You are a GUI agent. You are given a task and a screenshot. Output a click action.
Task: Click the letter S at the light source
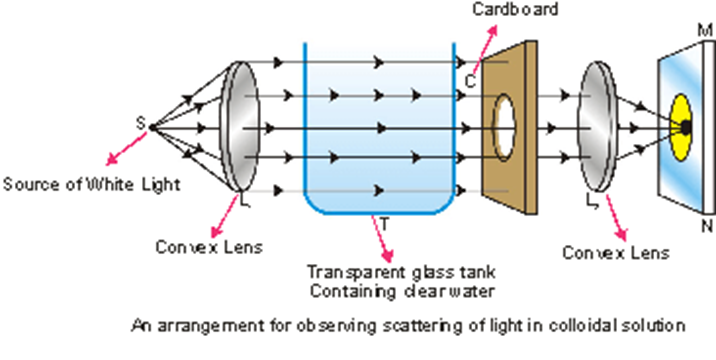point(141,122)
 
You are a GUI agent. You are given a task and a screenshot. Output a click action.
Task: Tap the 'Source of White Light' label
point(92,184)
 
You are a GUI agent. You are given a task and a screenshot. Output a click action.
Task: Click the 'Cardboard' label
point(516,9)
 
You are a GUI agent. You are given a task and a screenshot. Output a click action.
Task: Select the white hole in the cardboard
point(505,125)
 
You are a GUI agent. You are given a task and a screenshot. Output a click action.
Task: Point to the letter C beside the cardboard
point(471,81)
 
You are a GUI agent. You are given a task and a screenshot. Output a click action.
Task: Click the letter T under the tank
point(384,224)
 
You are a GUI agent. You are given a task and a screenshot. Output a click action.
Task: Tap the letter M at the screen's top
point(705,31)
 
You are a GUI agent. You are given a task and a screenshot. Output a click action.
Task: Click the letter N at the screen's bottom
point(707,225)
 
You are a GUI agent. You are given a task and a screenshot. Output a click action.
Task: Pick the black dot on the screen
point(685,127)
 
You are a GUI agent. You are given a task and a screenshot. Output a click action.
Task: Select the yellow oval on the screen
point(680,127)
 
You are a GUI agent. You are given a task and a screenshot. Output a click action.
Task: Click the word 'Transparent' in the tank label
point(354,272)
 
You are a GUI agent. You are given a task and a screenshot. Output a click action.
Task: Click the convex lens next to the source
point(240,126)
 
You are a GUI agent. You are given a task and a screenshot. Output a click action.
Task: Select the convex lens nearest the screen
point(598,126)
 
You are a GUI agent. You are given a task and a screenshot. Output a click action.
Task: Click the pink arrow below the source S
point(126,148)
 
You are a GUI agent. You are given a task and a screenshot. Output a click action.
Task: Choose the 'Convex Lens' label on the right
point(616,253)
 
